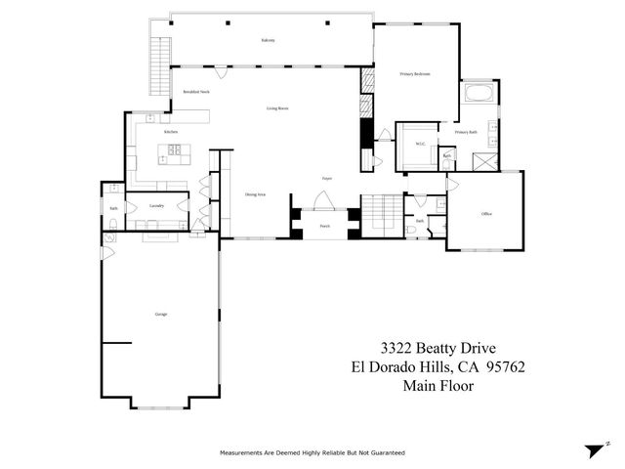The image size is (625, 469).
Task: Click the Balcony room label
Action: pos(268,40)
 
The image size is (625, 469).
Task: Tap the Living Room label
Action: pos(277,108)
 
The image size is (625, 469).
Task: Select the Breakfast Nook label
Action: pos(197,91)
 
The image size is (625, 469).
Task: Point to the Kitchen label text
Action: pos(170,131)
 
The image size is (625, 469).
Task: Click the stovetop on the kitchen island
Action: pos(178,150)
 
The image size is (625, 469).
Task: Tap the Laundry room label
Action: pos(156,206)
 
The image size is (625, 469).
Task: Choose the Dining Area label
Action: pos(257,195)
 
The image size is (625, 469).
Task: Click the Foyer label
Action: pos(328,179)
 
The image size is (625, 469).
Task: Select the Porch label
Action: pos(324,226)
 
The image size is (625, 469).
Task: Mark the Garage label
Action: pos(160,315)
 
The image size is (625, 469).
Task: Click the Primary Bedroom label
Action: pos(415,74)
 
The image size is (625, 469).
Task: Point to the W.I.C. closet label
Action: pos(420,144)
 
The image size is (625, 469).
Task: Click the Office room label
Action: pos(485,214)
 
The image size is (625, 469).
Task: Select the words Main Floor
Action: pos(437,386)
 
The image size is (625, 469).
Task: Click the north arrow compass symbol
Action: pos(592,450)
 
